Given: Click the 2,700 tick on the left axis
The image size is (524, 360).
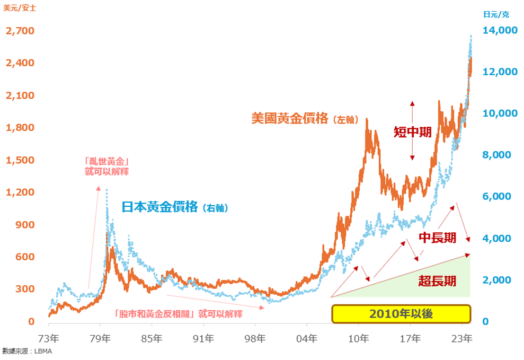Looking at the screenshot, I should point(20,31).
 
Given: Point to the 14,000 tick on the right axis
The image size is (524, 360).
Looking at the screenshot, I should point(501,31).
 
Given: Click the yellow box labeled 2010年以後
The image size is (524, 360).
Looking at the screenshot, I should point(401,314).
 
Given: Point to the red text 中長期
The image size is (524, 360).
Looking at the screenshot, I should point(437,238).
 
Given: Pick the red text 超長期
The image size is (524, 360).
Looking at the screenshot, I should point(437,281).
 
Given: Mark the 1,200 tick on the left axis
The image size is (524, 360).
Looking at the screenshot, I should point(20,192).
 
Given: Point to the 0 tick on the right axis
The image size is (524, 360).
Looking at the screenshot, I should point(486,322).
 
